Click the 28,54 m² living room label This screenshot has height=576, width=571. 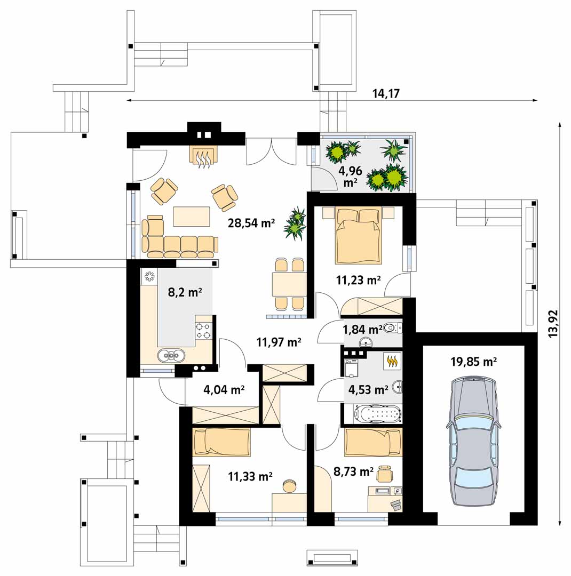[251, 222]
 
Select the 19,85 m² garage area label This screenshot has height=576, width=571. [473, 362]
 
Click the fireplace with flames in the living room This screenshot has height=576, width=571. [204, 157]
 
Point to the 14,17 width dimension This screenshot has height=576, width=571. [386, 94]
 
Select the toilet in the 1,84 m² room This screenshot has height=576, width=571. [393, 327]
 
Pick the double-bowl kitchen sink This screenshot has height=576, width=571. [171, 355]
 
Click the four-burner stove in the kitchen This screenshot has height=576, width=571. [203, 331]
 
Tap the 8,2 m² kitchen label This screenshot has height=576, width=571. [185, 292]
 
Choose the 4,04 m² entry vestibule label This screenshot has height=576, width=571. [224, 389]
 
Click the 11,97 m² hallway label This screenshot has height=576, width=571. [279, 342]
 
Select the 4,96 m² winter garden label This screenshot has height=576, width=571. [350, 177]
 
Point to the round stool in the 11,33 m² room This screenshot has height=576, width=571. [289, 486]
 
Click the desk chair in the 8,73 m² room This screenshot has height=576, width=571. [384, 474]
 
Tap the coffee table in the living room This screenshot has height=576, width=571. [192, 217]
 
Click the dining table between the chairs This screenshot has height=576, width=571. [289, 284]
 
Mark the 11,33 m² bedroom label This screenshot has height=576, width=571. [250, 476]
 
